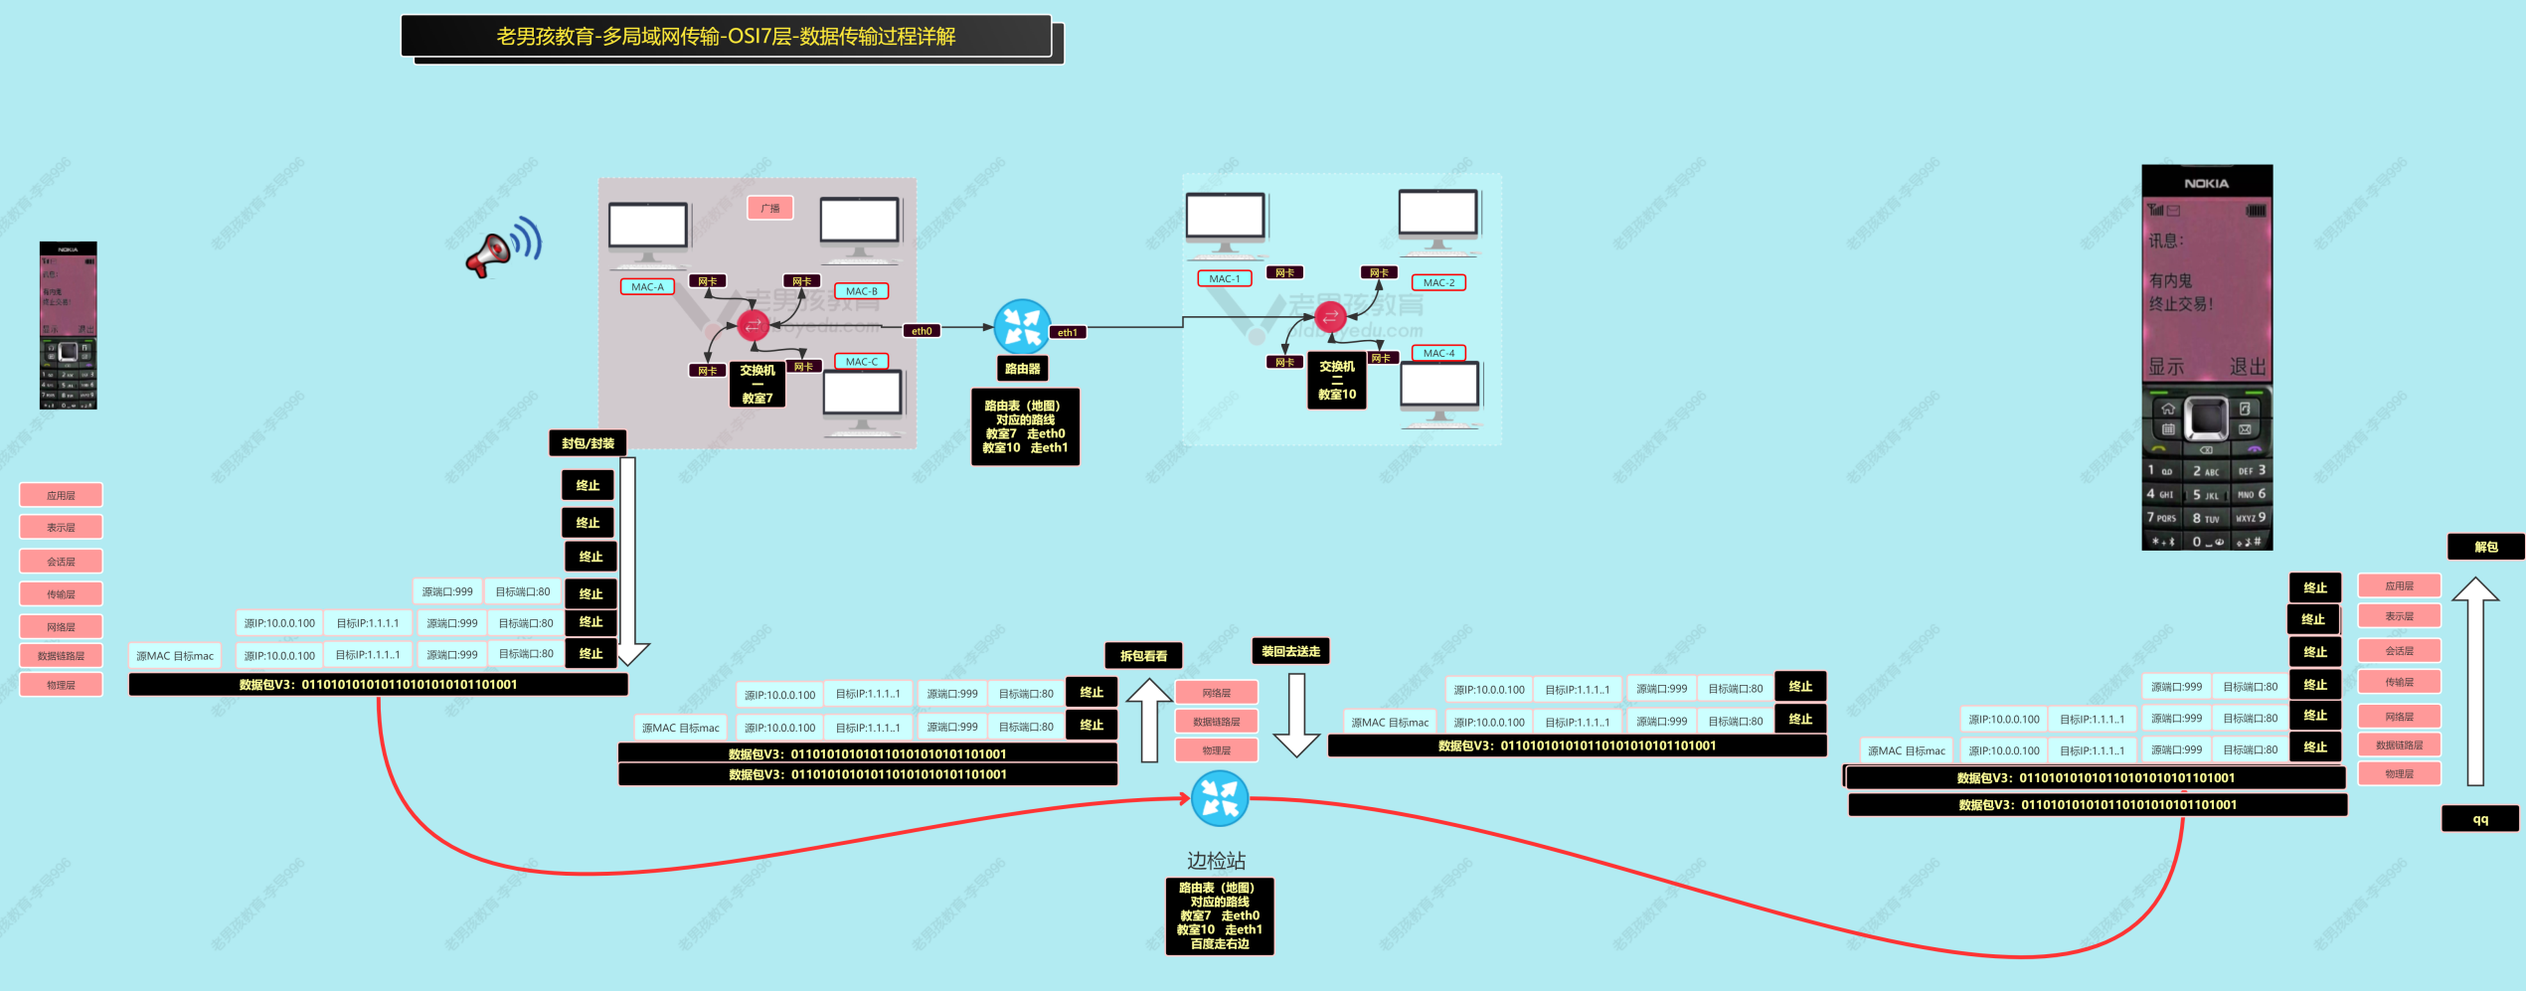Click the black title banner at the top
pyautogui.click(x=726, y=37)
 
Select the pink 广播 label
pyautogui.click(x=770, y=208)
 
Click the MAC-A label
pyautogui.click(x=647, y=287)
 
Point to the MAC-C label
pyautogui.click(x=861, y=362)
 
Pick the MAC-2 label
pyautogui.click(x=1438, y=283)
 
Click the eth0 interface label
pyautogui.click(x=922, y=331)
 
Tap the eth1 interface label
pyautogui.click(x=1067, y=333)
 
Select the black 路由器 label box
pyautogui.click(x=1022, y=369)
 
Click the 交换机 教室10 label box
pyautogui.click(x=1336, y=381)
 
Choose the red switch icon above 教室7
pyautogui.click(x=753, y=325)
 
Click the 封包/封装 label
pyautogui.click(x=588, y=443)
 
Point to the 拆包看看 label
pyautogui.click(x=1143, y=656)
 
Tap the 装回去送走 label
pyautogui.click(x=1290, y=652)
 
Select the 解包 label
pyautogui.click(x=2485, y=547)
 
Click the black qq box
pyautogui.click(x=2480, y=819)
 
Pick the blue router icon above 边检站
pyautogui.click(x=1219, y=798)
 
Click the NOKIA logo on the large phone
pyautogui.click(x=2206, y=184)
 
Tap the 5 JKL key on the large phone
pyautogui.click(x=2206, y=495)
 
